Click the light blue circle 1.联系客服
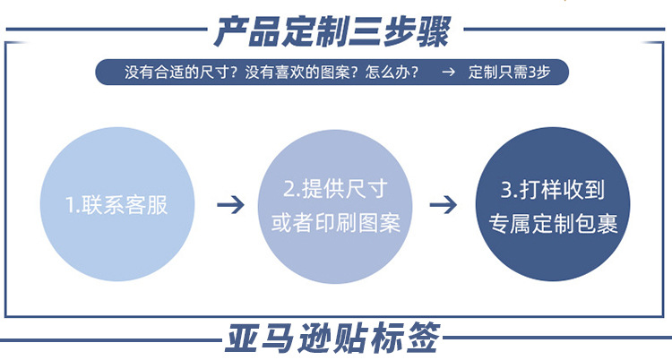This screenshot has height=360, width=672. [116, 205]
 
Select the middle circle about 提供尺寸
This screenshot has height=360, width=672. [335, 205]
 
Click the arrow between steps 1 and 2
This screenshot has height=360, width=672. [230, 205]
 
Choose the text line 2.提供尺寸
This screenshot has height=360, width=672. [335, 189]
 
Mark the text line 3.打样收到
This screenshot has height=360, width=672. [552, 189]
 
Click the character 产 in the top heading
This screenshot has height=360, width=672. [230, 32]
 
